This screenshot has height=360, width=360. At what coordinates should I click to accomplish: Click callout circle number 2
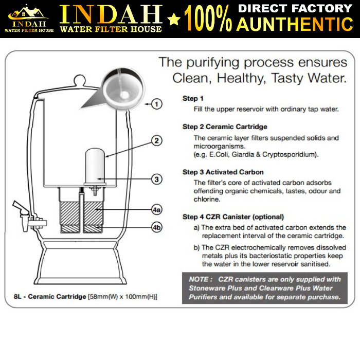click(157, 140)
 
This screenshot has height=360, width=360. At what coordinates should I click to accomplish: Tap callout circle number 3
click(157, 179)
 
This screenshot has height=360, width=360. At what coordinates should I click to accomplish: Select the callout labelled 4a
click(157, 210)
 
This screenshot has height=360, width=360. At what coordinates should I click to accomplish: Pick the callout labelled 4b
click(157, 227)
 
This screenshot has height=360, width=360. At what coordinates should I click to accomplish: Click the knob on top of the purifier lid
click(79, 81)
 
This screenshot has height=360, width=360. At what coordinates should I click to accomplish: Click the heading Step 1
click(193, 98)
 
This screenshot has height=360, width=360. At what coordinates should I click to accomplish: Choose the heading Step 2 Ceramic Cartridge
click(225, 127)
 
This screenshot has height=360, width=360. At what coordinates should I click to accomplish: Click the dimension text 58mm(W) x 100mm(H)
click(122, 297)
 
